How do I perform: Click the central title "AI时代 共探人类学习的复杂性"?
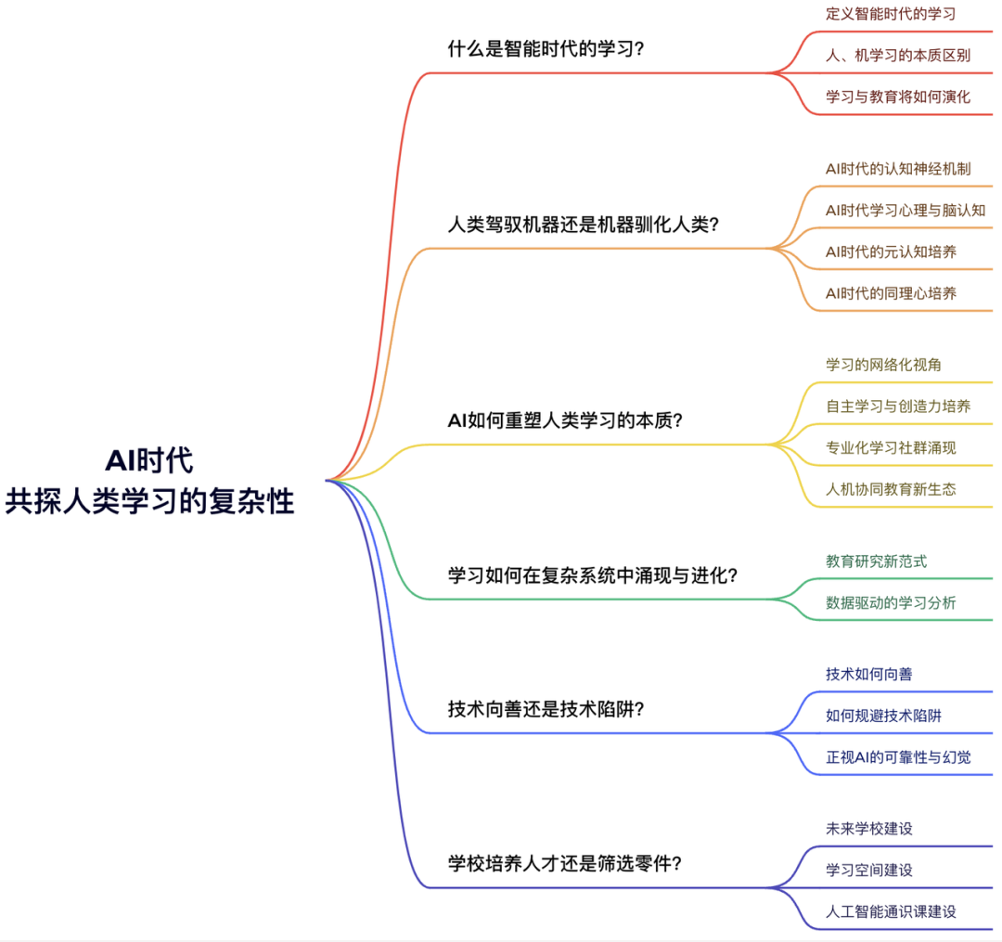(x=150, y=481)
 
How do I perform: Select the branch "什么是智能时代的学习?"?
(x=546, y=49)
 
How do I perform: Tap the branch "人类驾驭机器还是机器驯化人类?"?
(x=584, y=225)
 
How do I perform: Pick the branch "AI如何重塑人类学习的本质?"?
(x=565, y=420)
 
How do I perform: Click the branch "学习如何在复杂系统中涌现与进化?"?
(x=593, y=575)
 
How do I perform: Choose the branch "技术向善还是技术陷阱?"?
(x=546, y=710)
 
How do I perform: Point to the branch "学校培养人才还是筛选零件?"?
(x=565, y=864)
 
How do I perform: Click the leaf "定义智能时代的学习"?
(x=891, y=14)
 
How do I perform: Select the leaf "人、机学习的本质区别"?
(x=898, y=55)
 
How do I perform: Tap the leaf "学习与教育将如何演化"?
(x=898, y=97)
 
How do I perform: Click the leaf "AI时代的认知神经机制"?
(x=898, y=169)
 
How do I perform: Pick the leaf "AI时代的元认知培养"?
(x=891, y=252)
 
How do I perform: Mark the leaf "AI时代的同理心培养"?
(x=891, y=293)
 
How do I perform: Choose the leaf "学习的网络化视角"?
(x=883, y=365)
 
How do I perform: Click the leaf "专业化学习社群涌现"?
(x=891, y=448)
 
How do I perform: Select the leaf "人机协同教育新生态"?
(x=891, y=489)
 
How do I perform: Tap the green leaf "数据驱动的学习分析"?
(x=891, y=603)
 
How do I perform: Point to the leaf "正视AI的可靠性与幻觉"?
(x=898, y=757)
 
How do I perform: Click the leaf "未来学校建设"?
(x=868, y=828)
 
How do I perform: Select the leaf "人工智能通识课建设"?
(x=891, y=911)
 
